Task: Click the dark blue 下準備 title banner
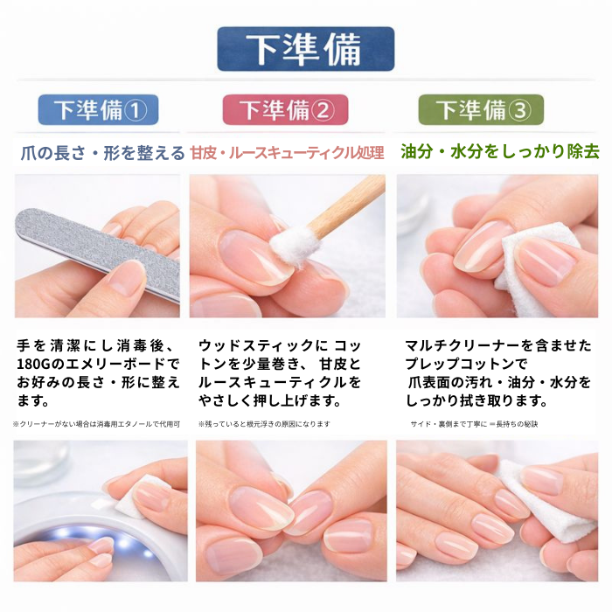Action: [x=306, y=49]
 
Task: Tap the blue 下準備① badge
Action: [x=98, y=109]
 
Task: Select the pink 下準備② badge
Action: [x=285, y=109]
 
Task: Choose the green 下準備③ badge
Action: [x=481, y=109]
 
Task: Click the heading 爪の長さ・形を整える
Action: [x=102, y=153]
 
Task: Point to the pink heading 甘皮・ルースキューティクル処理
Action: [x=288, y=153]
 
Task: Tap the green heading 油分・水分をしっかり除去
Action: [x=500, y=152]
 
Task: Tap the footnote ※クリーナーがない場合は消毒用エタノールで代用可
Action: [x=96, y=424]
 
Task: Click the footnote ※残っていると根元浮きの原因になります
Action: [x=264, y=424]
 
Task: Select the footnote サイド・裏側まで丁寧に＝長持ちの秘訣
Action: [x=474, y=424]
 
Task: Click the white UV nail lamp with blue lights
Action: [x=78, y=539]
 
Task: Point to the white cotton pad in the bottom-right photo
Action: [x=554, y=507]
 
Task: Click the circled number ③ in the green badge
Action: [x=520, y=110]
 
